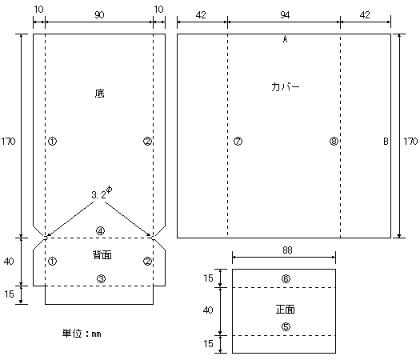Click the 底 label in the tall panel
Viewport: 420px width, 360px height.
pos(99,94)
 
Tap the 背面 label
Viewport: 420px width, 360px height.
pos(102,254)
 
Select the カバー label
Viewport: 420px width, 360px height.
pos(286,87)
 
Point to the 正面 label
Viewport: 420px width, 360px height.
pos(286,310)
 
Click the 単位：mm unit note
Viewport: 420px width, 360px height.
pos(82,334)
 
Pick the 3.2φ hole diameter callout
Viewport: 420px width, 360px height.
pos(102,193)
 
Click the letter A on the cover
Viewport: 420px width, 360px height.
pos(286,40)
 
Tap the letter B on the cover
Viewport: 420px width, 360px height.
pos(386,141)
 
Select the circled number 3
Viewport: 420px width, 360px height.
pos(101,279)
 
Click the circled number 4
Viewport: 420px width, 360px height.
pos(101,231)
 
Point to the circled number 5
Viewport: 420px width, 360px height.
pos(286,326)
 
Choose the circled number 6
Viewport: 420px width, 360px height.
pos(286,279)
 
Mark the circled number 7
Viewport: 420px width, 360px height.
pos(238,141)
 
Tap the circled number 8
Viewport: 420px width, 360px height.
pos(334,141)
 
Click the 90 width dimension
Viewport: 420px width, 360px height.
pos(99,15)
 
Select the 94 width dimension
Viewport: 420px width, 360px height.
pos(285,15)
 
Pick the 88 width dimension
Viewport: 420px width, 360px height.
pos(287,250)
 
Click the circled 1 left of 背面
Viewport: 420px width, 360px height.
pos(52,261)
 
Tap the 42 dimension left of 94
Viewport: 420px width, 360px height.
pos(201,15)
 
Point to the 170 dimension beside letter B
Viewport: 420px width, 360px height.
pos(410,141)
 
